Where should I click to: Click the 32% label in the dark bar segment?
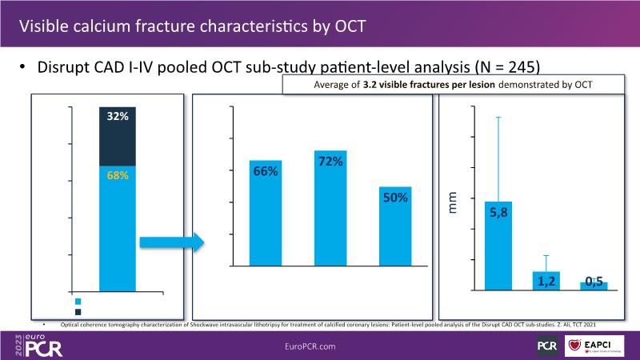pyautogui.click(x=118, y=116)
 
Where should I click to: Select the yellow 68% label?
pyautogui.click(x=118, y=175)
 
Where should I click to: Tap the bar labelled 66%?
pyautogui.click(x=265, y=213)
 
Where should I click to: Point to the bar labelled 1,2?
pyautogui.click(x=546, y=280)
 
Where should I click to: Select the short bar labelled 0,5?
pyautogui.click(x=594, y=285)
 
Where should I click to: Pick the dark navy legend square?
pyautogui.click(x=78, y=312)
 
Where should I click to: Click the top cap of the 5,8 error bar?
pyautogui.click(x=498, y=118)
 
